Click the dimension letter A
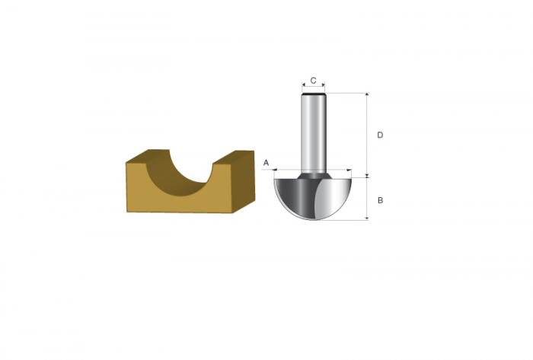[x=266, y=163]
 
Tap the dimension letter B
[x=381, y=200]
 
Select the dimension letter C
[x=314, y=81]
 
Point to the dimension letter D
[x=380, y=135]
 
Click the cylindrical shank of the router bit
[x=314, y=133]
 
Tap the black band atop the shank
[x=314, y=94]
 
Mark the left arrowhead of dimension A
[x=276, y=169]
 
